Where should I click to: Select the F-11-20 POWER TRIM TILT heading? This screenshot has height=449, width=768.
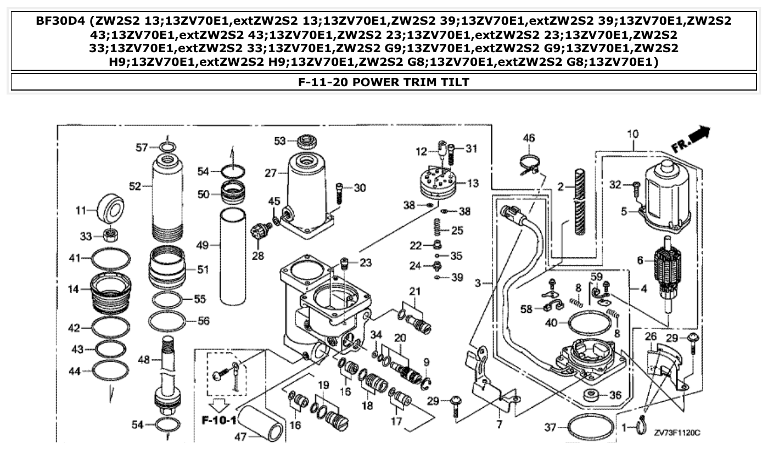tap(384, 82)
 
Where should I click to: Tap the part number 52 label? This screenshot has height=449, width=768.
tap(135, 186)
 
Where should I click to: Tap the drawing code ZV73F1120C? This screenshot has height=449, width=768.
tap(676, 433)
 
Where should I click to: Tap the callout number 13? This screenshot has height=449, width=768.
tap(474, 183)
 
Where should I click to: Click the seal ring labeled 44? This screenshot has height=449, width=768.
tap(110, 371)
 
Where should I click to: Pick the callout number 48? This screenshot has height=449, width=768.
tap(144, 360)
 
